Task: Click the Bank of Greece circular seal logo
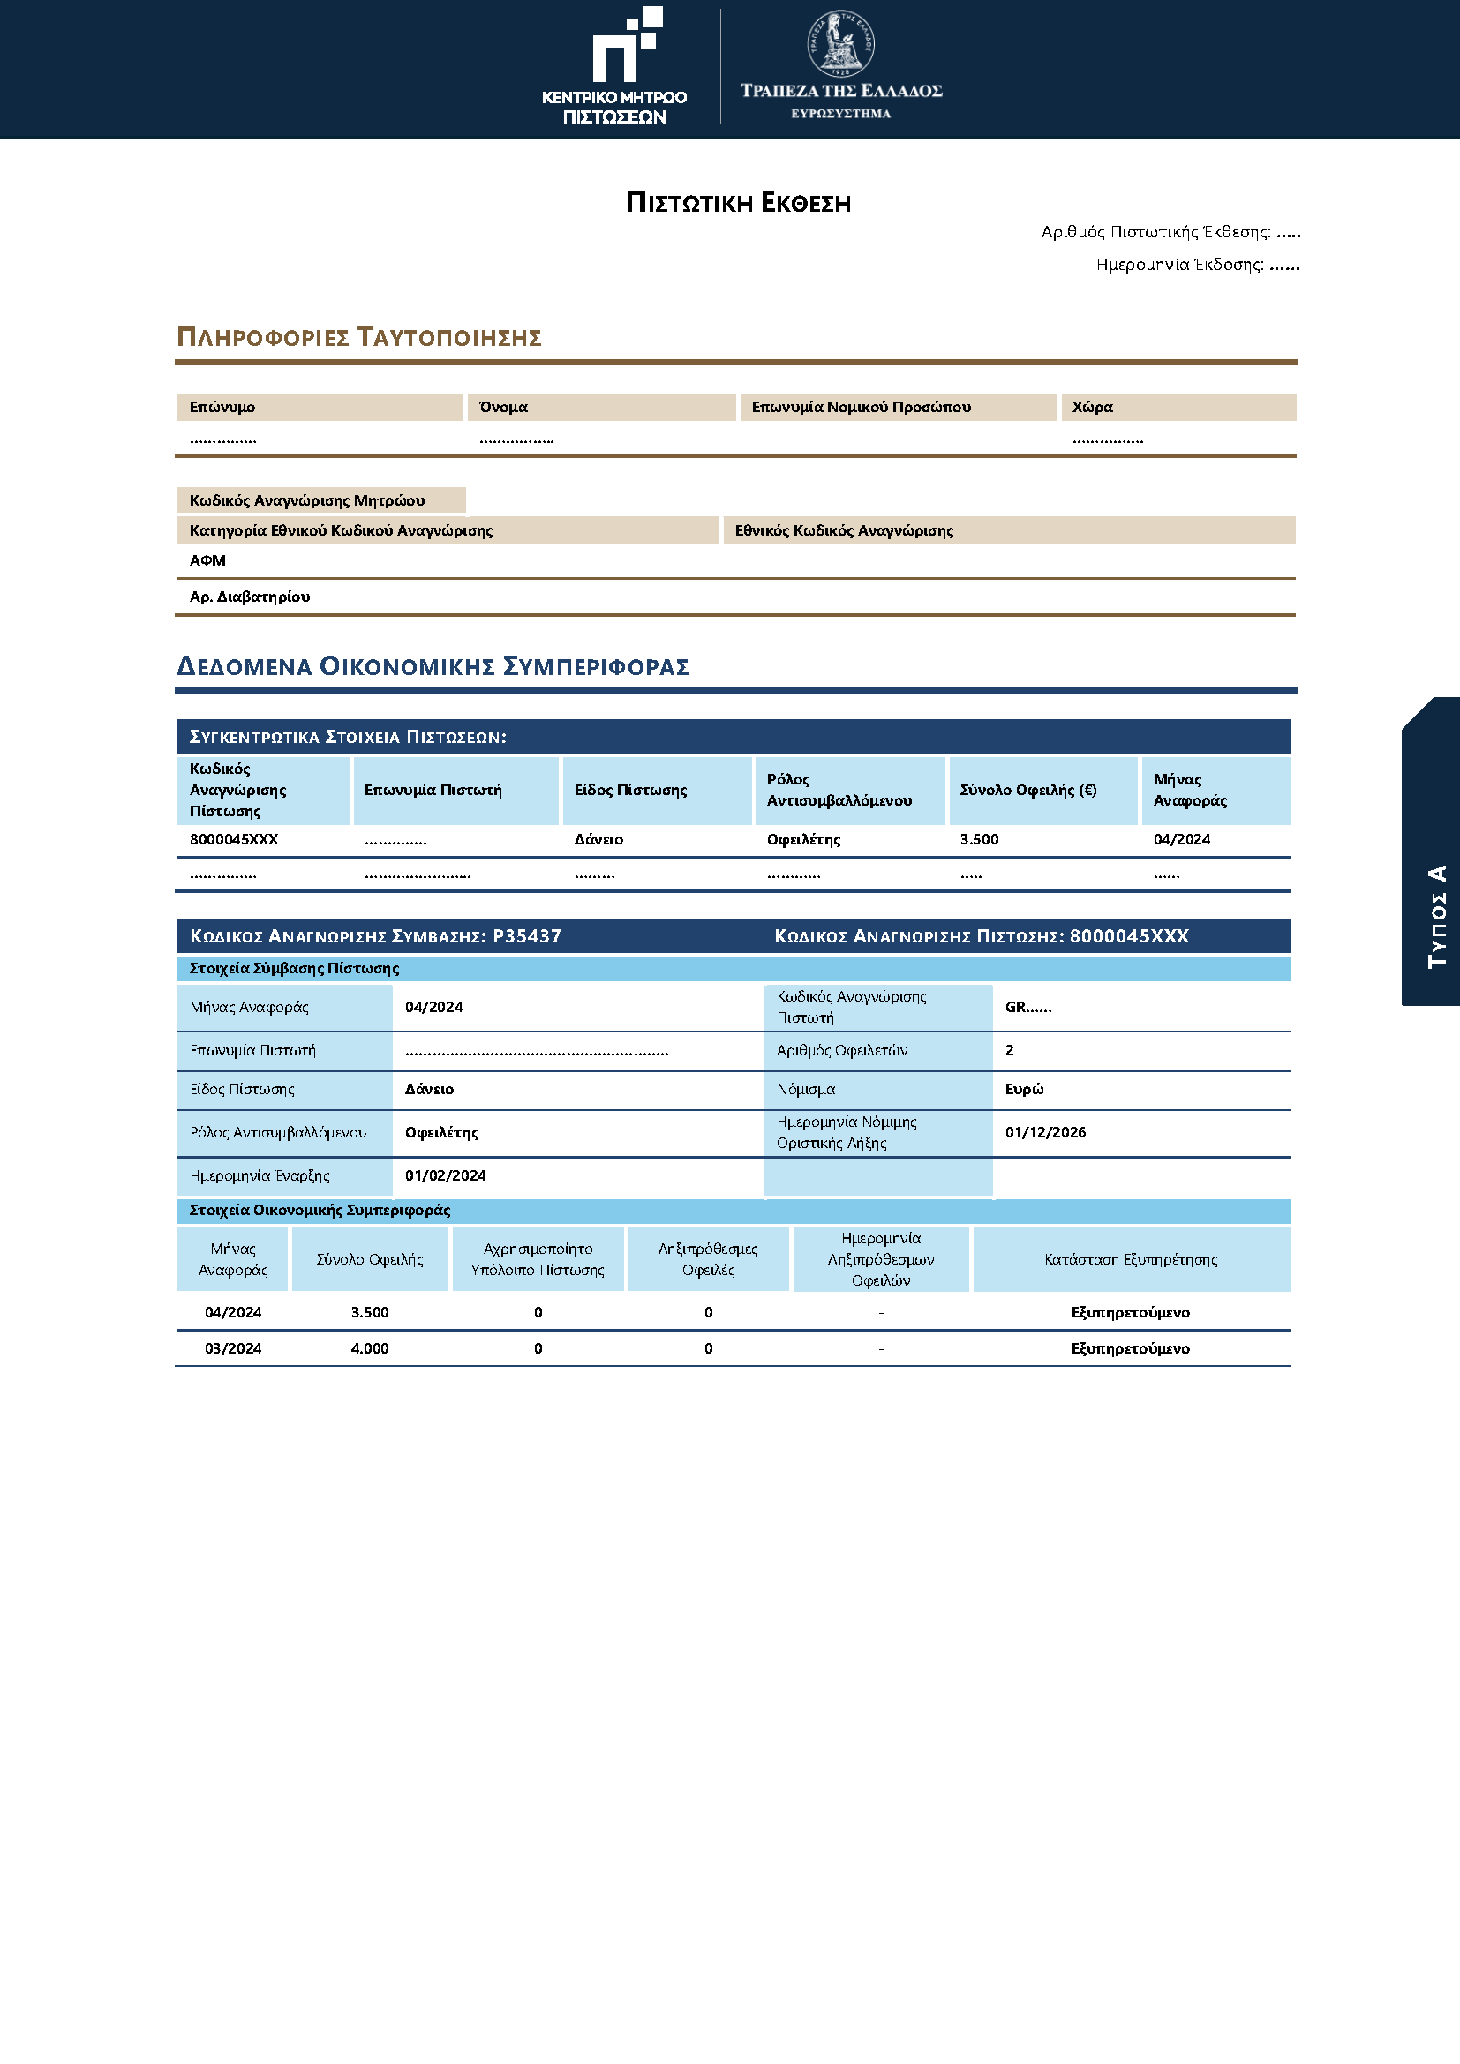click(x=840, y=44)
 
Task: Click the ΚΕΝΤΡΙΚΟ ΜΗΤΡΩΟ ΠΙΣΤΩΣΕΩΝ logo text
click(x=614, y=107)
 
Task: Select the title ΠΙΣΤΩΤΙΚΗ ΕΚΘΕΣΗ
click(x=738, y=203)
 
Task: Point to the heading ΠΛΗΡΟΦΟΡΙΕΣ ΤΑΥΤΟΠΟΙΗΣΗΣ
click(x=358, y=338)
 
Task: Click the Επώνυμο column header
click(x=222, y=407)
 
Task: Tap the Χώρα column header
click(x=1092, y=407)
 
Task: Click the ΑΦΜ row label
click(x=207, y=561)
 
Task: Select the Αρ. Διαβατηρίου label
click(x=250, y=597)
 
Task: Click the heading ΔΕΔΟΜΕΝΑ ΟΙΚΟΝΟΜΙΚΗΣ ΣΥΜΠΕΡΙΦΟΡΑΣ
click(x=433, y=667)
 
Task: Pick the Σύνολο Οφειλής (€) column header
click(x=1027, y=790)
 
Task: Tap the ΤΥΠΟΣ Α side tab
click(x=1437, y=916)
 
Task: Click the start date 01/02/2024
click(x=445, y=1175)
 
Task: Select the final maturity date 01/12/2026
click(x=1045, y=1133)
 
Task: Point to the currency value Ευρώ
click(x=1024, y=1090)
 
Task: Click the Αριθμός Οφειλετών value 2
click(x=1010, y=1050)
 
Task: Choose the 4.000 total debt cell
click(x=370, y=1348)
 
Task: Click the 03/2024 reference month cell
click(x=233, y=1348)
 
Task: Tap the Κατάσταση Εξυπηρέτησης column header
click(x=1130, y=1260)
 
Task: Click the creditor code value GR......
click(x=1027, y=1008)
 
